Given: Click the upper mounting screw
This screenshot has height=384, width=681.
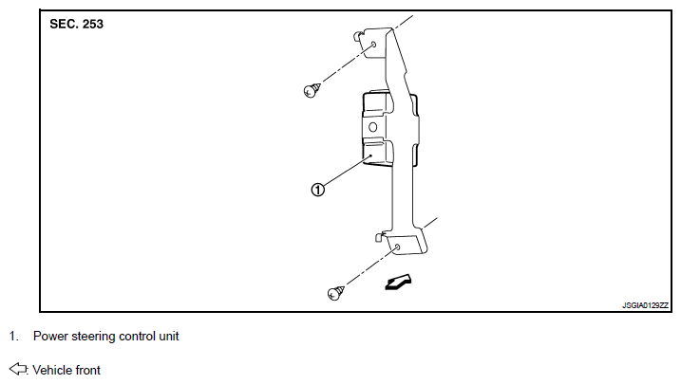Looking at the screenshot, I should pos(311,90).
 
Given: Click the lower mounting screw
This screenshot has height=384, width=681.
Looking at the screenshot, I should pos(335,293).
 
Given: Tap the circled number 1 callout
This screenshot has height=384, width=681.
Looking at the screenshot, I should pos(318,190).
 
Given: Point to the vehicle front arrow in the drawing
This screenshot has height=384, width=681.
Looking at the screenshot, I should pos(398,282).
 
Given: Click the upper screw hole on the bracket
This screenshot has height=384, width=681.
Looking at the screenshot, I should pos(375,45).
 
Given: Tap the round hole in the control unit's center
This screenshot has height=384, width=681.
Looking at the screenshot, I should pos(372,127).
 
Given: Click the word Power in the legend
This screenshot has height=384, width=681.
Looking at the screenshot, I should pos(48,336).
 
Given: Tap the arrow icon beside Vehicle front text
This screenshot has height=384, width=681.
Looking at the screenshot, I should pos(18,369).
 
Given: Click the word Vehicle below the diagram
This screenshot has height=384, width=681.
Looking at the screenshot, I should pos(52,370).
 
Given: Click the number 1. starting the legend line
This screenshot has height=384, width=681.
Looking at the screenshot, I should pos(13,336).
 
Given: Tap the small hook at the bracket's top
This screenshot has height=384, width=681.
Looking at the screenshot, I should pos(357,36).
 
